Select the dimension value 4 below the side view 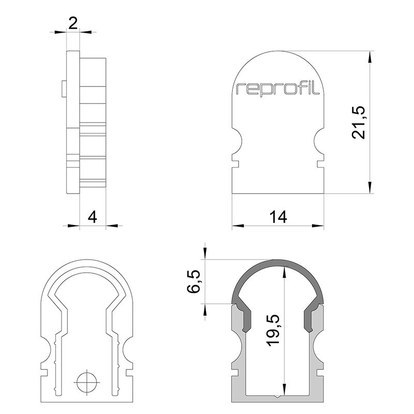[92, 216]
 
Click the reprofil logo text [278, 89]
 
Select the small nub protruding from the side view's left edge [63, 88]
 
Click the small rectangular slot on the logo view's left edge [234, 164]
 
